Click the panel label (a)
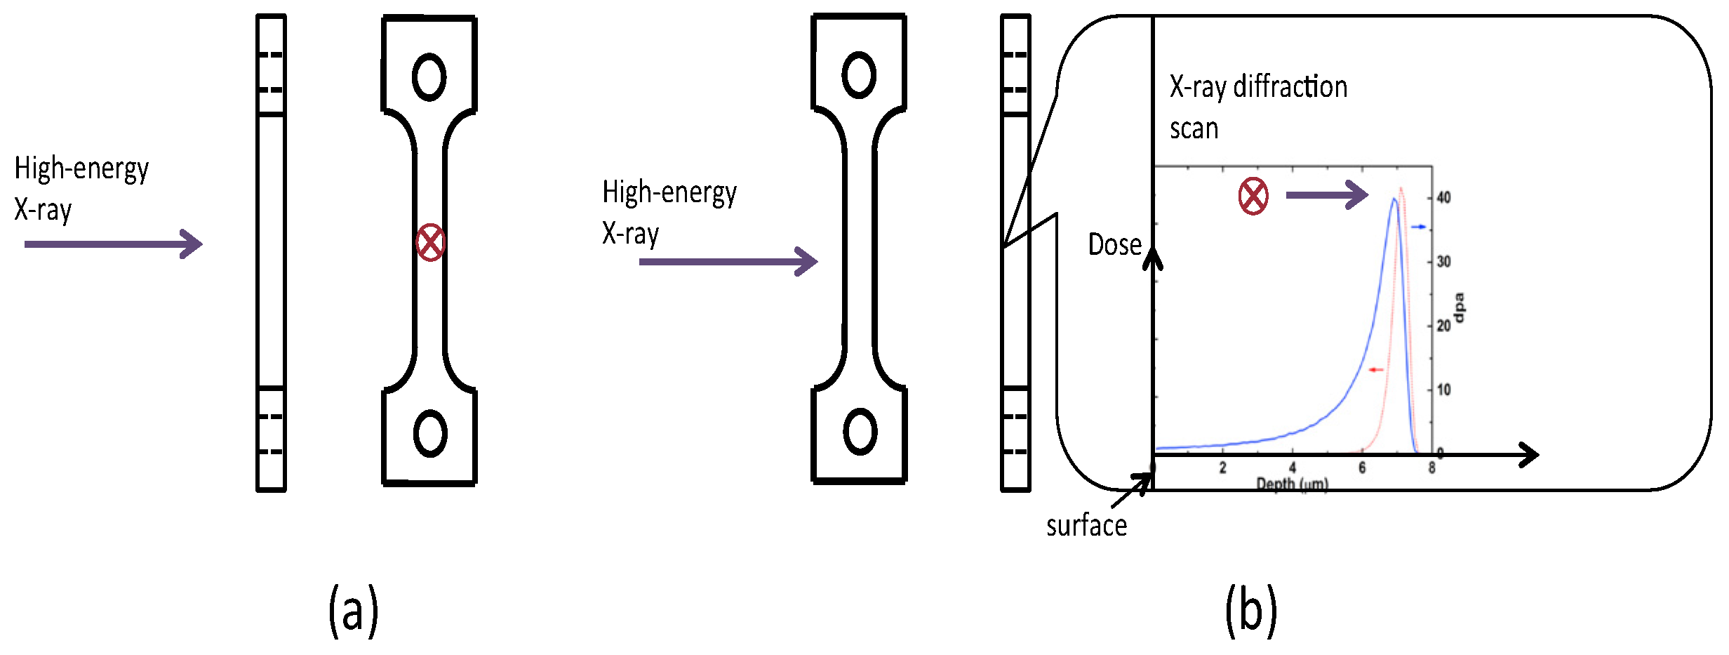(x=354, y=611)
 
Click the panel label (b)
(x=1251, y=611)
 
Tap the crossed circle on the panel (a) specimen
(x=430, y=243)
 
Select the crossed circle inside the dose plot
(x=1253, y=197)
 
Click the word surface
(x=1086, y=525)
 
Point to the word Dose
(x=1114, y=244)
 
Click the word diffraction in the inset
(x=1290, y=87)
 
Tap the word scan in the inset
(x=1194, y=129)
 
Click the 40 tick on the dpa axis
(x=1443, y=197)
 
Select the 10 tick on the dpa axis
(x=1443, y=390)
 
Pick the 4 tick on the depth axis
(x=1293, y=468)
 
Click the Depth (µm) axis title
(x=1292, y=484)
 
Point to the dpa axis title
(x=1460, y=307)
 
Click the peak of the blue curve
(x=1394, y=199)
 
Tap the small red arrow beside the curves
(x=1376, y=369)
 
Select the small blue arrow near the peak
(x=1419, y=227)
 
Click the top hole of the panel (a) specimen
(x=429, y=77)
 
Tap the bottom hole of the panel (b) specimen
(x=860, y=432)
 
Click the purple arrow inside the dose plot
(x=1326, y=194)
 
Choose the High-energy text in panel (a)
(x=81, y=168)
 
